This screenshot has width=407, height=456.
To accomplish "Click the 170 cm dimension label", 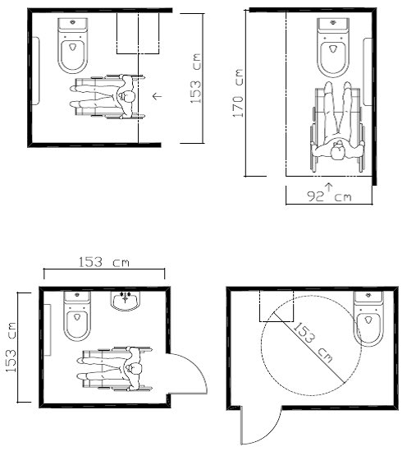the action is pos(238,93).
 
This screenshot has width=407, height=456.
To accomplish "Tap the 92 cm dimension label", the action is pos(329,197).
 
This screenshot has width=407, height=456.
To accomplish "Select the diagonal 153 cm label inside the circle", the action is pos(313,343).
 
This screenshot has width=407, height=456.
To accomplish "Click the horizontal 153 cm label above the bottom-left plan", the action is pos(103,262).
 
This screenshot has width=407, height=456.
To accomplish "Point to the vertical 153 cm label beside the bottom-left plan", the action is pos(11,347).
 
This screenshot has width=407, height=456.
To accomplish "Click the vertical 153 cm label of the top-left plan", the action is pos(195,78).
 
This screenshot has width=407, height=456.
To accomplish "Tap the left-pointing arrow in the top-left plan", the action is pos(158,95).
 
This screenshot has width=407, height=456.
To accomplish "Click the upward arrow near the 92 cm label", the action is pos(328,187).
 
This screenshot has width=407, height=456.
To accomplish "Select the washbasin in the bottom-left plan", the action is pos(126,301).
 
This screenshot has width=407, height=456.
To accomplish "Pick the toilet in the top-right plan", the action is pos(333,48).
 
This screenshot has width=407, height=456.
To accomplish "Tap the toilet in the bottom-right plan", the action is pos(368,319).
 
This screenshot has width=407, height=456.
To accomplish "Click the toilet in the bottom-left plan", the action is pos(77,316).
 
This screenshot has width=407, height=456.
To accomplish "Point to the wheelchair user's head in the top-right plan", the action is pos(338,150).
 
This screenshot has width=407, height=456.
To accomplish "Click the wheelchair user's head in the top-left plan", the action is pos(126,97).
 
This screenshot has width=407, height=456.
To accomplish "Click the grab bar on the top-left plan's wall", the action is pos(35,71).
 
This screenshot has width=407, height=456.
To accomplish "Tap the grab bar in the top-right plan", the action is pos(368,71).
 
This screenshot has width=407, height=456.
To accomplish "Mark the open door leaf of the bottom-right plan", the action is pos(241,425).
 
